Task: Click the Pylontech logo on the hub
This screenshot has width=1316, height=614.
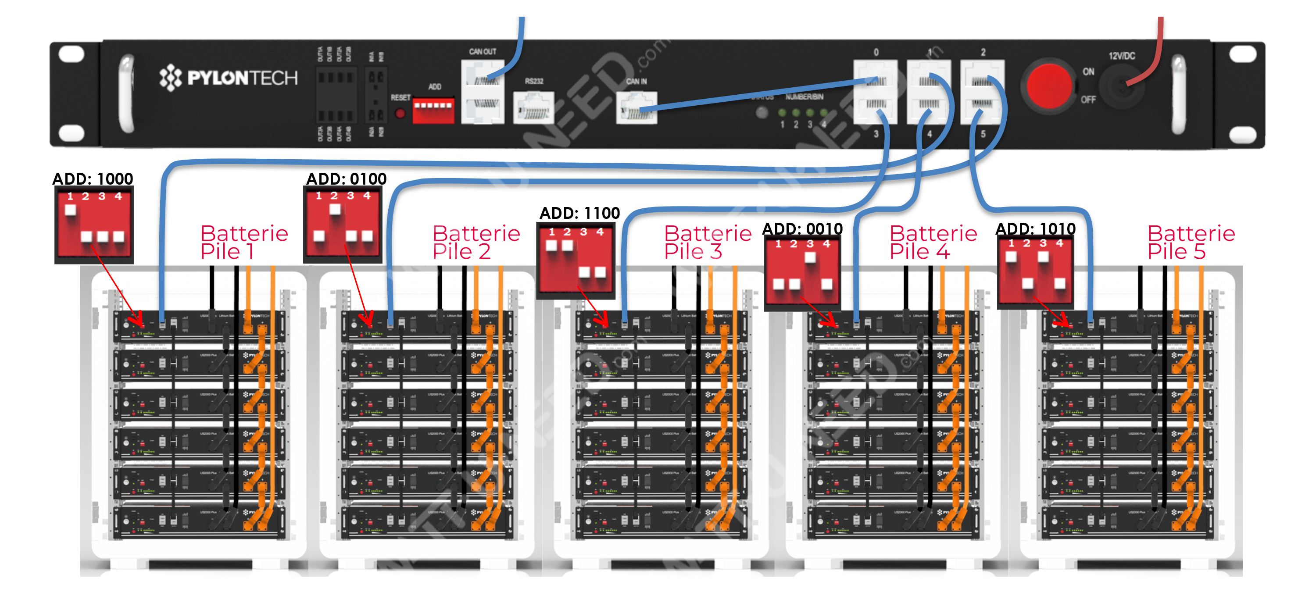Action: (x=228, y=78)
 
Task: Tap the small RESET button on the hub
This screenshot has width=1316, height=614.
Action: (x=400, y=114)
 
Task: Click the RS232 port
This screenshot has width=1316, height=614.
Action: (x=533, y=107)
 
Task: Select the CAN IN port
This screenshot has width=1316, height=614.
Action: (x=637, y=108)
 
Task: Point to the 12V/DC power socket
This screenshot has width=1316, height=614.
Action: (x=1121, y=87)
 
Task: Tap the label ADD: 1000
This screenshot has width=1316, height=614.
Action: (x=93, y=179)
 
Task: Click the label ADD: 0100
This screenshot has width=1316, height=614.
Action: (x=347, y=179)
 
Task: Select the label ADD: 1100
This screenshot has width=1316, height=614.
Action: (x=580, y=213)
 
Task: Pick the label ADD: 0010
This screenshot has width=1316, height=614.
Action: (x=803, y=229)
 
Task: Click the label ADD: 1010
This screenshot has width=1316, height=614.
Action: (x=1036, y=229)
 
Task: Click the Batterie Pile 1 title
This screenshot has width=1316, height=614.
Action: (x=244, y=242)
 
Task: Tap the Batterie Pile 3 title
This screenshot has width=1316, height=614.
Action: (x=708, y=242)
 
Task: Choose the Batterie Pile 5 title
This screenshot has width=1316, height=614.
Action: (x=1191, y=242)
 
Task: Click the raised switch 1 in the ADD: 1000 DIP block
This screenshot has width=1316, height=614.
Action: (x=71, y=210)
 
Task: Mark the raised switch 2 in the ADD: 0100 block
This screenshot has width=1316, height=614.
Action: (x=335, y=209)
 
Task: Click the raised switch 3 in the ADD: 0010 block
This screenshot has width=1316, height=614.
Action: (x=810, y=257)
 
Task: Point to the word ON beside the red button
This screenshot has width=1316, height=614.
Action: (x=1089, y=71)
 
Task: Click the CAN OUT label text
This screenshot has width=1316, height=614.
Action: (x=482, y=52)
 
